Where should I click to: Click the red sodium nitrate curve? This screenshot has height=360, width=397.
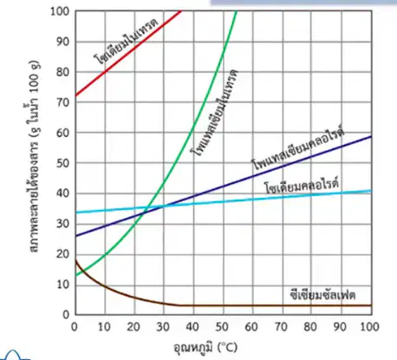coord(128,53)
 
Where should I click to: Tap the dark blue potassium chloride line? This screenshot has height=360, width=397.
coord(223,186)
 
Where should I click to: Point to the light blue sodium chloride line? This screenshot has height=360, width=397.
coord(223,201)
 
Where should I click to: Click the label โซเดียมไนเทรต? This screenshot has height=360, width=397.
coord(126,41)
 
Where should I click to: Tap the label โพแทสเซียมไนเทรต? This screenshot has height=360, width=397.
coord(215,113)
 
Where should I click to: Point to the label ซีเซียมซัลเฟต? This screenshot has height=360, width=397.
coord(322,295)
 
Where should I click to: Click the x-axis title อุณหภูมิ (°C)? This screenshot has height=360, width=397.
coord(205,346)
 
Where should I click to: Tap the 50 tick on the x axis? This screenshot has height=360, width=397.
coord(222,326)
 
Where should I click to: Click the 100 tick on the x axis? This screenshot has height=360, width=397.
coord(369,326)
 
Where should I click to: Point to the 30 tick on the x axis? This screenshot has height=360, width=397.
coord(163,326)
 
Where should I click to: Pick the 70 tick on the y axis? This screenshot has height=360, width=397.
coord(63,102)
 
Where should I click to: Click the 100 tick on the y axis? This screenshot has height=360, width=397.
coord(60,11)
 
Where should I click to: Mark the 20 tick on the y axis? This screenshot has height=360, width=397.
coord(63,254)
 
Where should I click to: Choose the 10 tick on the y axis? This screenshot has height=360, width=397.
coord(63,285)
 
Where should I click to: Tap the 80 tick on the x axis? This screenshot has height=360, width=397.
coord(310,326)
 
